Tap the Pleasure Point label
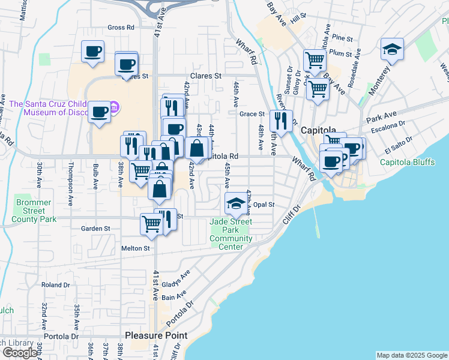coord(156,335)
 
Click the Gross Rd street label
coord(121,28)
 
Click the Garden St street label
coord(96,229)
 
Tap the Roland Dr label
coord(56,284)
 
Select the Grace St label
coord(252,114)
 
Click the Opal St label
coord(264,205)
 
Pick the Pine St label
coord(343,38)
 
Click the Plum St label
coord(340,53)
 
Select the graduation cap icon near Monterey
coord(392,50)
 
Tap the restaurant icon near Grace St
coord(281,120)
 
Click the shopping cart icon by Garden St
coord(151,224)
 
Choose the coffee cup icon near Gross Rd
coord(93,51)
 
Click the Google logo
coord(20,353)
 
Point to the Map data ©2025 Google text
coord(412,355)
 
